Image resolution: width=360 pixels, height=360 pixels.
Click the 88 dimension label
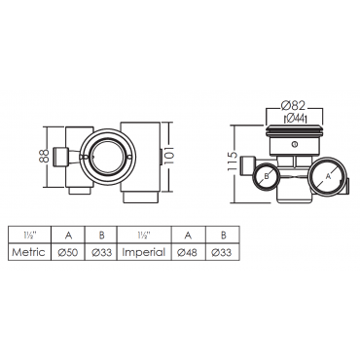pos(46,156)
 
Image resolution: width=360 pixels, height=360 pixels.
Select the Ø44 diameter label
pos(295,119)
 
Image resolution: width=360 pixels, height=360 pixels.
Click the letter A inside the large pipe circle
pos(328,176)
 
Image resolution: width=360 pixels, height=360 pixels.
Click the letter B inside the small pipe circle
pos(267,176)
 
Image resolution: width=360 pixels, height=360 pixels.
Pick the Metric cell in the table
pos(28,252)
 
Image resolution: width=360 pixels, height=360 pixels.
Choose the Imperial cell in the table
pos(143,252)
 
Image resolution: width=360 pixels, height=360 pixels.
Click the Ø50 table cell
pos(68,252)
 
